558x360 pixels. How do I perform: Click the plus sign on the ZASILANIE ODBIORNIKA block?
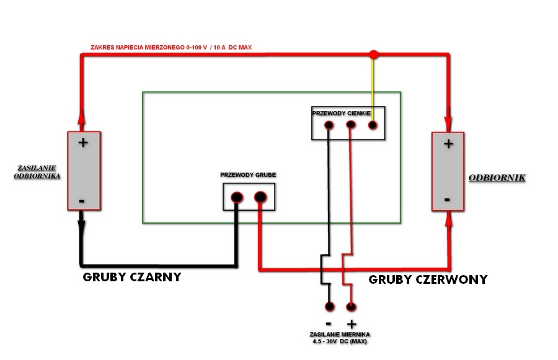83,142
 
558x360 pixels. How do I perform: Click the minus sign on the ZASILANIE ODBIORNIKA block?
82,201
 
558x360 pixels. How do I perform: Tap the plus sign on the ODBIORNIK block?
448,144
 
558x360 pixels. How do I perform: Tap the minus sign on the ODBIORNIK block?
448,200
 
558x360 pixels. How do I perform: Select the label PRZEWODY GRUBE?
248,175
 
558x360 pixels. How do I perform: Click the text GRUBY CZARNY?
131,277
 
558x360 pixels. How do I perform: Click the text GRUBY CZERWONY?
428,279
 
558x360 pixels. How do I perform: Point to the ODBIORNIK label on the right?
497,178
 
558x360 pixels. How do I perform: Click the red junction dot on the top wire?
373,55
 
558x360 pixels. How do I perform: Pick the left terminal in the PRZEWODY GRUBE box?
237,198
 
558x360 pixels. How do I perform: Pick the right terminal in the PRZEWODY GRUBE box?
260,198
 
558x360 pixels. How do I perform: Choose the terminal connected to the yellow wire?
373,125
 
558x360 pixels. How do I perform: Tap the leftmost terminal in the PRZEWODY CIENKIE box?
329,125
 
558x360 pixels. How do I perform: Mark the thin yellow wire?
373,87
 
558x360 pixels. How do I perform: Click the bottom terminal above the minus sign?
329,306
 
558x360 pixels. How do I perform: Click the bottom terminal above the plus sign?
351,306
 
